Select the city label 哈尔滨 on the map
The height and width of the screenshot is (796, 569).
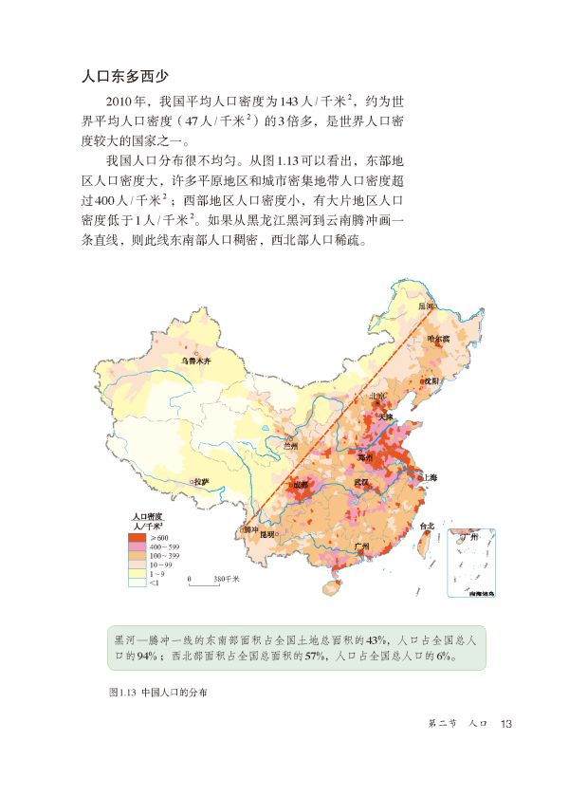(437, 339)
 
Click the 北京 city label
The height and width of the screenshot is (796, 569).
(377, 397)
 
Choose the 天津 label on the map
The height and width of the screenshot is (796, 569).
(384, 415)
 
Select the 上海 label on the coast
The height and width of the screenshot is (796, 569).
(429, 478)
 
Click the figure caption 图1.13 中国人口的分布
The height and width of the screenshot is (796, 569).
(158, 692)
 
